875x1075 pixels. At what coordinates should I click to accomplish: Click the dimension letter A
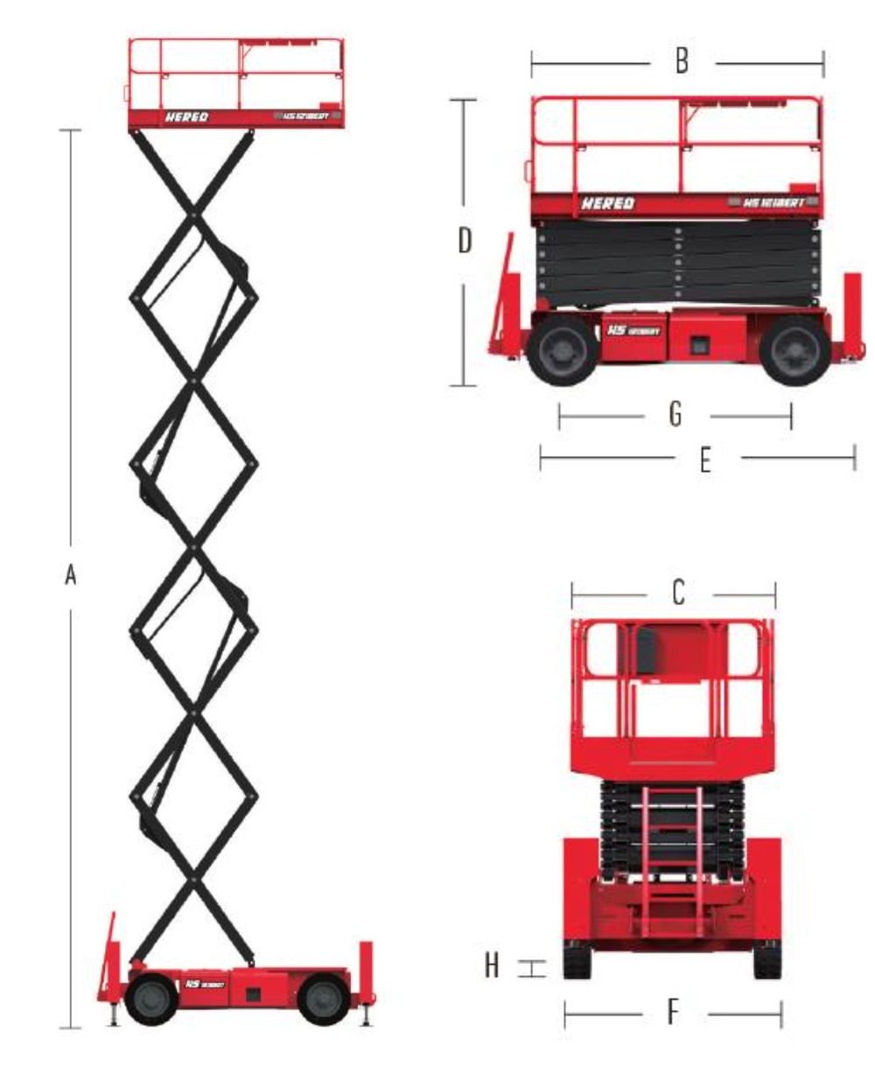pos(71,575)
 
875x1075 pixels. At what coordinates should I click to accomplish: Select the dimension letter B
pos(682,61)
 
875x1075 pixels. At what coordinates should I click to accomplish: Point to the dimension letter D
pos(465,240)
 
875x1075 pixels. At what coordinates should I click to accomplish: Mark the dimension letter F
pos(673,1013)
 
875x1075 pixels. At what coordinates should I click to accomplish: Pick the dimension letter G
pos(675,415)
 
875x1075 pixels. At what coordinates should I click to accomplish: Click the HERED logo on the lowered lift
pos(608,203)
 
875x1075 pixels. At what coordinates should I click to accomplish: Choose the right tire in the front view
pos(767,959)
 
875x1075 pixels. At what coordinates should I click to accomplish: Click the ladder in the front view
pos(673,849)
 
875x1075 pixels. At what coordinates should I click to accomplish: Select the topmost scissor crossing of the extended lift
pos(193,213)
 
